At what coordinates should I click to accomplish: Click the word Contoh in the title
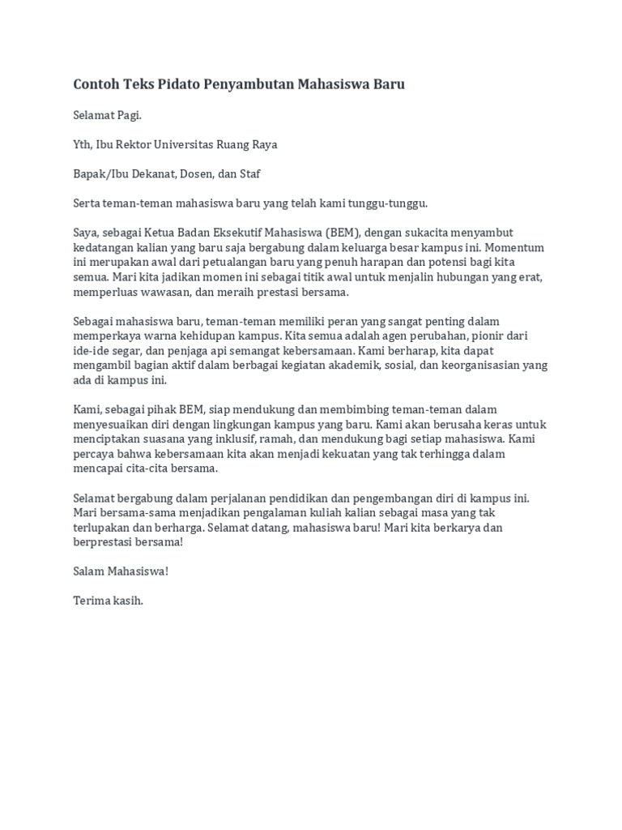pos(97,84)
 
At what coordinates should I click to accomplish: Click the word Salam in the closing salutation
pos(88,571)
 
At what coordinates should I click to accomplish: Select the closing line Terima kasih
pos(108,601)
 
